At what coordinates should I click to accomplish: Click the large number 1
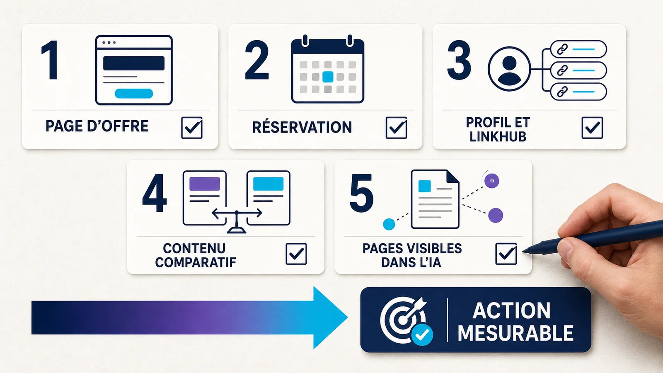50,60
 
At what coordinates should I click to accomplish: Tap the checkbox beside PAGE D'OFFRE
192,128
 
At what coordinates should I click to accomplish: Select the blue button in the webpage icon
134,94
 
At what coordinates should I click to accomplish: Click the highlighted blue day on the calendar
328,77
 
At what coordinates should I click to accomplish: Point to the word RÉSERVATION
302,127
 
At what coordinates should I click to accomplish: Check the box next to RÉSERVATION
396,128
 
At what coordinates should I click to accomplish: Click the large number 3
459,60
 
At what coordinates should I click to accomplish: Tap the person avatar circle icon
509,69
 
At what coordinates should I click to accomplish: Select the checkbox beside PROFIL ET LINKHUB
592,128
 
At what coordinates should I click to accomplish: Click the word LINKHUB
498,136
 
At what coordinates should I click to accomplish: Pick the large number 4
155,193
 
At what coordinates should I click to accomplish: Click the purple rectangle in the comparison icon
205,184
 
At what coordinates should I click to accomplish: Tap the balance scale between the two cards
237,221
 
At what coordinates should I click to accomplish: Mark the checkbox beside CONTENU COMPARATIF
296,254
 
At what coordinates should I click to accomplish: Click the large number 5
361,193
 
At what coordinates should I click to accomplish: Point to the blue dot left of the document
389,224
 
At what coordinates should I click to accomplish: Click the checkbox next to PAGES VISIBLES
506,254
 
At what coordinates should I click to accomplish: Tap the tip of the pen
523,252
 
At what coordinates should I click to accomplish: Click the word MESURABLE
515,333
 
